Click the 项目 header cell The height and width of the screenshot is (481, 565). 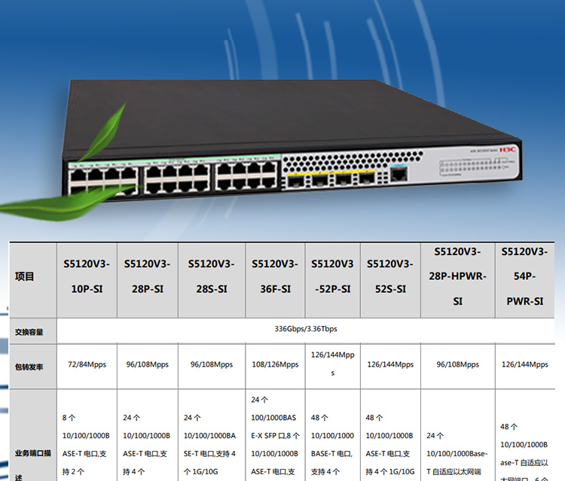coord(25,276)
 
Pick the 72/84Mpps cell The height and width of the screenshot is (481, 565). coord(87,364)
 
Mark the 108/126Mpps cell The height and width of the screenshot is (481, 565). coord(274,364)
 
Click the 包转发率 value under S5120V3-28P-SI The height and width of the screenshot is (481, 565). coord(147,364)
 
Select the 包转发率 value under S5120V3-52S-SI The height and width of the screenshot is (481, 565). coord(390,364)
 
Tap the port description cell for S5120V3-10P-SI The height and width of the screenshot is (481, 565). coord(87,444)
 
